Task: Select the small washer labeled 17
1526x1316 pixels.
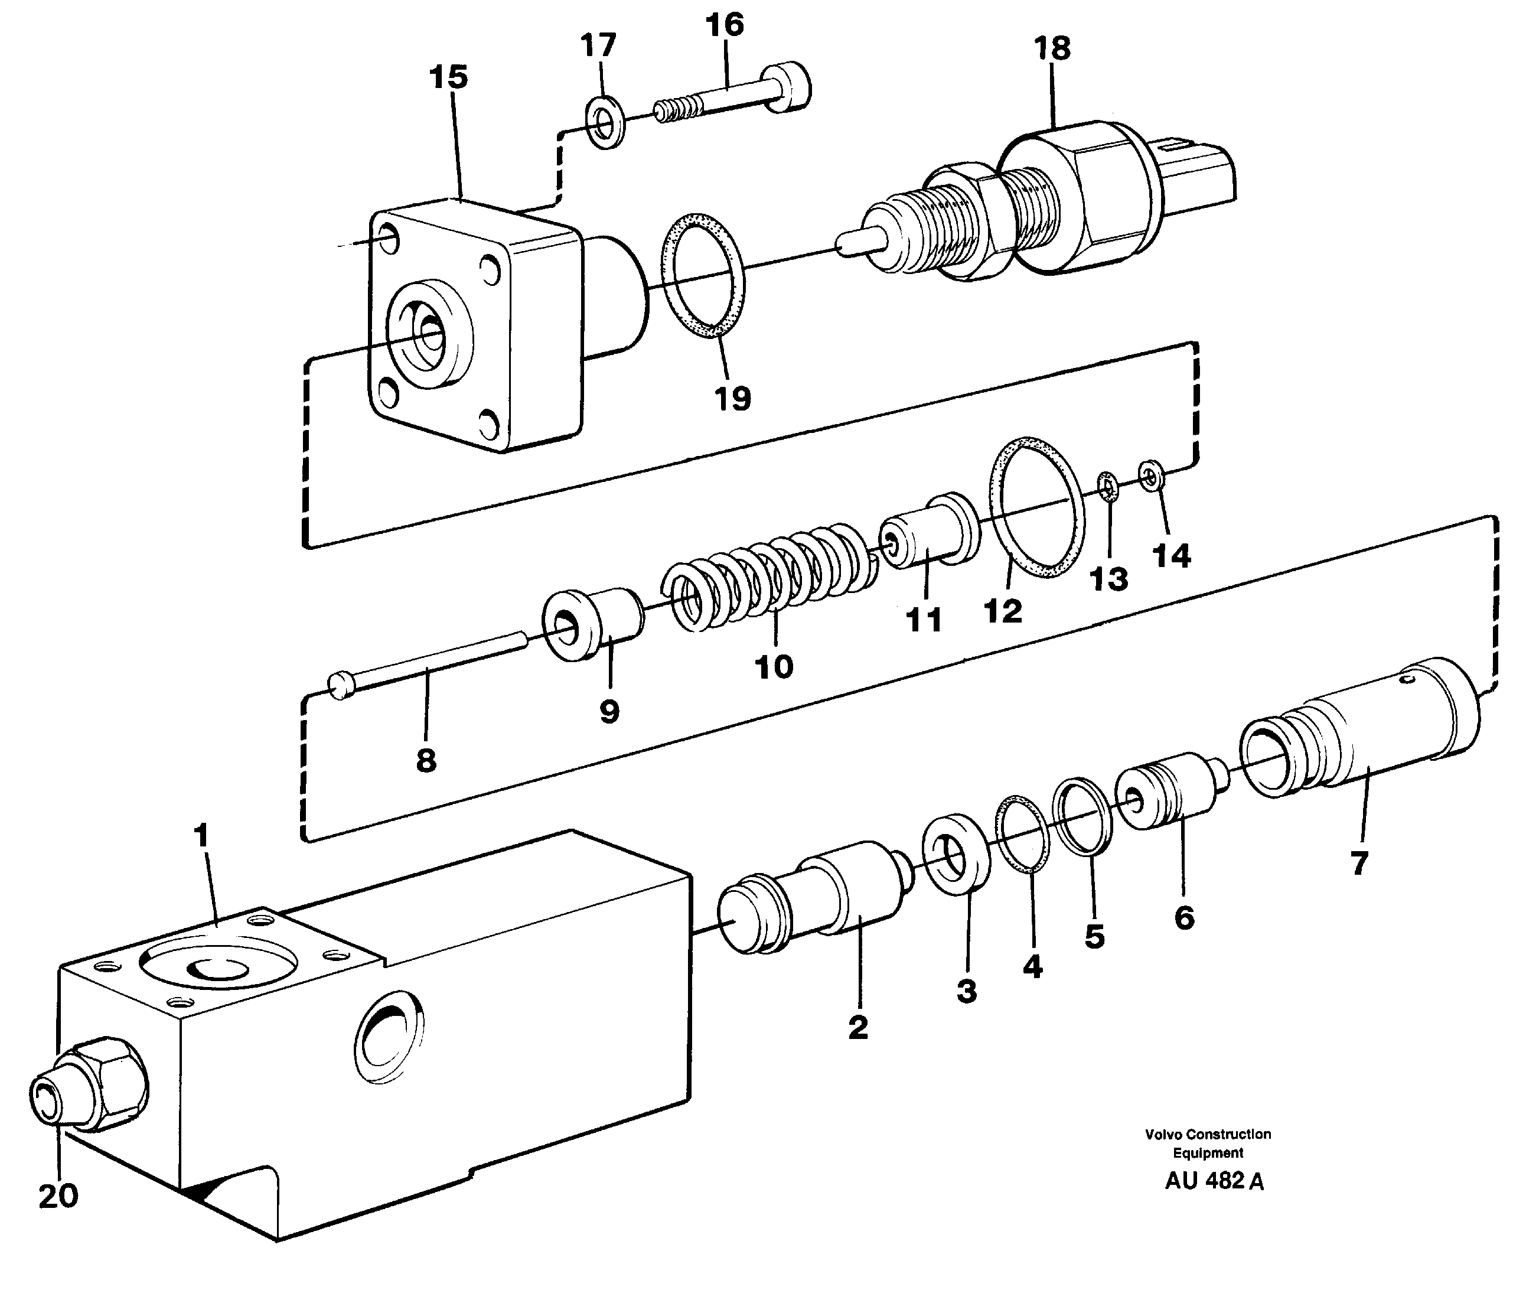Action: [x=605, y=120]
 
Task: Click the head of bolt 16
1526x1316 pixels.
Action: [x=787, y=89]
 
